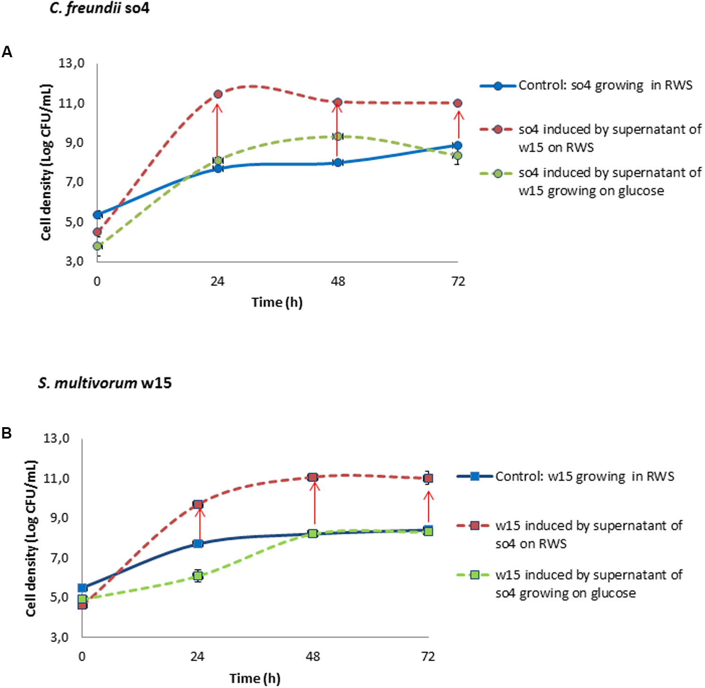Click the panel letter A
coord(7,52)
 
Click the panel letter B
coord(7,433)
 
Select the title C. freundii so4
coord(99,8)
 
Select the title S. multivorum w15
coord(105,383)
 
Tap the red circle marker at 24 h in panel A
coord(218,94)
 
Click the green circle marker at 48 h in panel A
coord(337,137)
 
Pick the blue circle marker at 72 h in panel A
coord(457,146)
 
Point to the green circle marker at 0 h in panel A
coord(97,246)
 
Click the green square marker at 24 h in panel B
coord(198,576)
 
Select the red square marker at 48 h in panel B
coord(313,477)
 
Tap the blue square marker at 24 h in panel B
coord(198,543)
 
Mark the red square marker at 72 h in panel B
coord(428,478)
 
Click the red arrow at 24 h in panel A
coord(217,130)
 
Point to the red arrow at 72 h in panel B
coord(428,507)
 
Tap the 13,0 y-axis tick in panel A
coord(71,63)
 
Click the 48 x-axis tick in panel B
coord(313,656)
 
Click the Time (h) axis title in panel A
coord(277,302)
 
